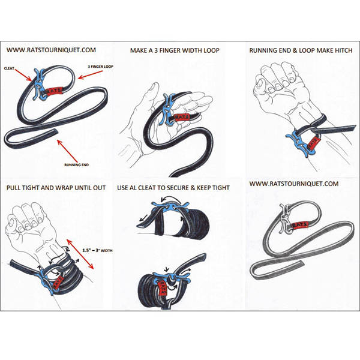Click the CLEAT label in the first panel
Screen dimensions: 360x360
(9, 68)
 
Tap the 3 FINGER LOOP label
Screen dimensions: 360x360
(101, 67)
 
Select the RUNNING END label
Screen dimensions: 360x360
(76, 165)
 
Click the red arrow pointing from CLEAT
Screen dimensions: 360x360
(23, 75)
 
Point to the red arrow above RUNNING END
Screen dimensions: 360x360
(67, 151)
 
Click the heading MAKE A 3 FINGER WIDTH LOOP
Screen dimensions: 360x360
(175, 50)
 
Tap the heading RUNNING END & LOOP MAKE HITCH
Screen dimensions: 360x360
(301, 50)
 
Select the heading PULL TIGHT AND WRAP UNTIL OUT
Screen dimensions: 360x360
(56, 188)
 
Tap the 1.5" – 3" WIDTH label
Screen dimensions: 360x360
(97, 250)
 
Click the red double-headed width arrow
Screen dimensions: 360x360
(80, 254)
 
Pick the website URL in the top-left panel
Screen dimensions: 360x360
(51, 50)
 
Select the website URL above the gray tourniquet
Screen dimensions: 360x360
(294, 184)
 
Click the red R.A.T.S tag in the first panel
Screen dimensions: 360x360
(54, 91)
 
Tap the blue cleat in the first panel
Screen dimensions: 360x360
(40, 85)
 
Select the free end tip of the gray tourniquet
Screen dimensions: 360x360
(302, 263)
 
